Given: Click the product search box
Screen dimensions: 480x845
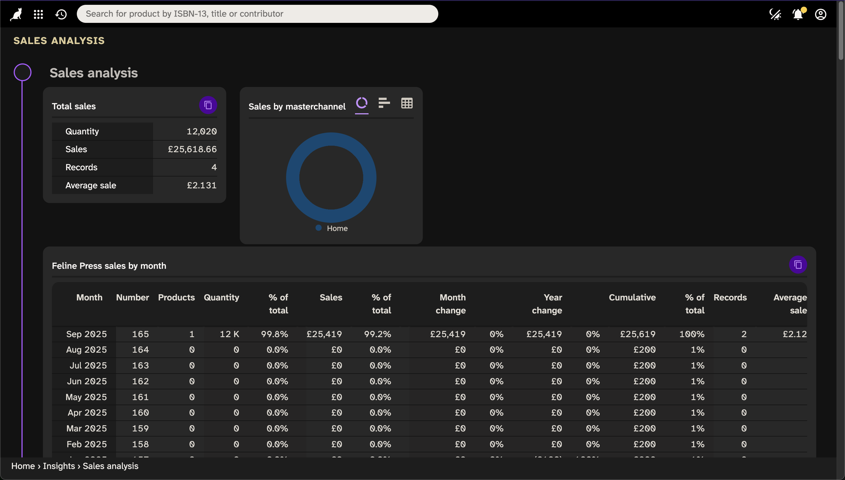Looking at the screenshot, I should pos(257,14).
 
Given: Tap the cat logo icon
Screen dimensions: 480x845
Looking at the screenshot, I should pos(16,14).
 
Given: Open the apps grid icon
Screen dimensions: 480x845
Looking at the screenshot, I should pos(38,14).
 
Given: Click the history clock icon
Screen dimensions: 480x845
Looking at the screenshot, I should pos(61,14).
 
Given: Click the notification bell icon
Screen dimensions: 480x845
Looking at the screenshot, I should pos(798,14).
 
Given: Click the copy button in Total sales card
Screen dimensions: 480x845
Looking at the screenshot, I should pos(208,105).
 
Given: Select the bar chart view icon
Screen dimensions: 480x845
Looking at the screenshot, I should pos(384,103).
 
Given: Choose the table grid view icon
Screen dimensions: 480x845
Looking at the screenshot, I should pos(406,103).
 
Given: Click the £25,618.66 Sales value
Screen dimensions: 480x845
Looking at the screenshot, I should pos(192,149).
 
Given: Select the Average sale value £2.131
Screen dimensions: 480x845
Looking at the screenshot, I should pos(201,185).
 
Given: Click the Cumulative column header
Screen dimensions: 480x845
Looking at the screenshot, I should pos(632,297).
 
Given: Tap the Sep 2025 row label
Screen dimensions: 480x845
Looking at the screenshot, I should pos(86,334).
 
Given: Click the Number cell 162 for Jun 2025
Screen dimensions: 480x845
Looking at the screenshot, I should pos(140,381).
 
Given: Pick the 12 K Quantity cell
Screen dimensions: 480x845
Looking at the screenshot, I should pos(229,334).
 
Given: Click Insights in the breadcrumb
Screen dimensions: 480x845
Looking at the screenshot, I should pos(59,466).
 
